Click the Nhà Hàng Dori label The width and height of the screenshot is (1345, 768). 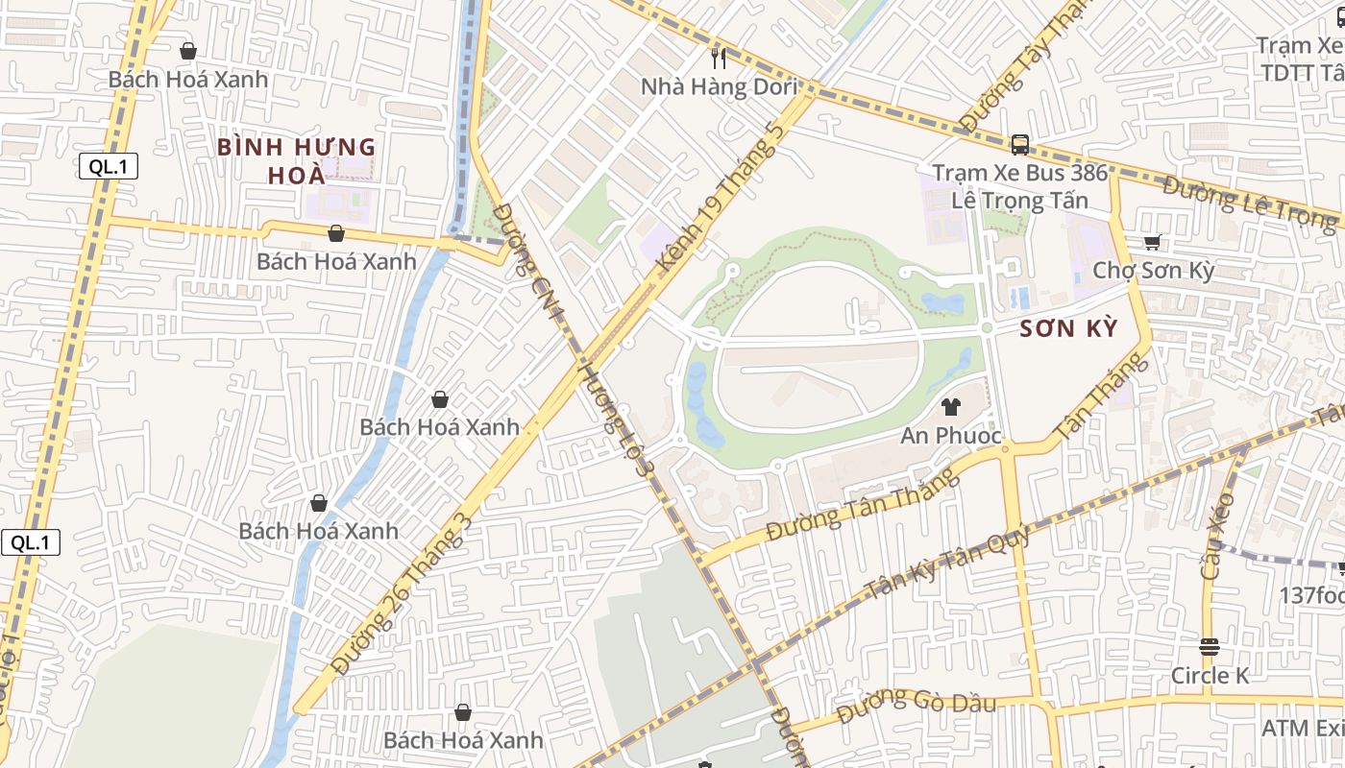point(719,87)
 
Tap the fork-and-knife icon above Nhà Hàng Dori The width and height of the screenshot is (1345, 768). point(719,58)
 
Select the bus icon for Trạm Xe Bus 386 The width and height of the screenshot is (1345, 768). point(1019,145)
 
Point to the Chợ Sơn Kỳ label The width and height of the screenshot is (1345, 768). point(1153,270)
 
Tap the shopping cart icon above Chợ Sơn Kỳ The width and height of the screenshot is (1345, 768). point(1153,242)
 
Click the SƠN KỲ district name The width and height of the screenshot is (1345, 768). point(1068,329)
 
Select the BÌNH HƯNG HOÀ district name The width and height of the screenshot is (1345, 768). point(296,161)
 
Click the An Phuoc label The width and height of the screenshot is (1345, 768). point(951,436)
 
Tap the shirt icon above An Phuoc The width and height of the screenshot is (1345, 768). point(951,407)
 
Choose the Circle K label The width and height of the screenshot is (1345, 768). point(1209,676)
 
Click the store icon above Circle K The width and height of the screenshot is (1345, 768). point(1209,646)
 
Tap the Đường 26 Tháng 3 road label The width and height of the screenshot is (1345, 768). point(402,592)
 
